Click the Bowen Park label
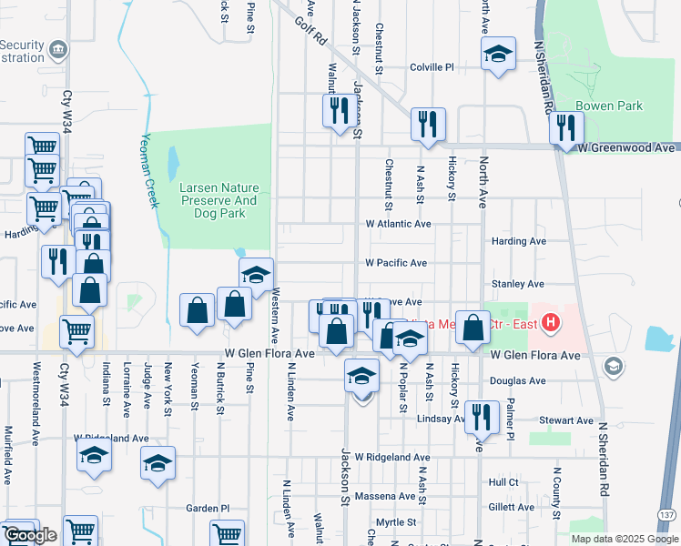(609, 106)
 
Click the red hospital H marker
(550, 322)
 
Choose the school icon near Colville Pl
(498, 54)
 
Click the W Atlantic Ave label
(398, 224)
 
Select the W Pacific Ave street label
(395, 263)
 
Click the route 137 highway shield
(671, 514)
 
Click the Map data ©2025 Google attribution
(624, 539)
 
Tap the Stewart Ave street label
(565, 420)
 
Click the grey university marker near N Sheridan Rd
(614, 366)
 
